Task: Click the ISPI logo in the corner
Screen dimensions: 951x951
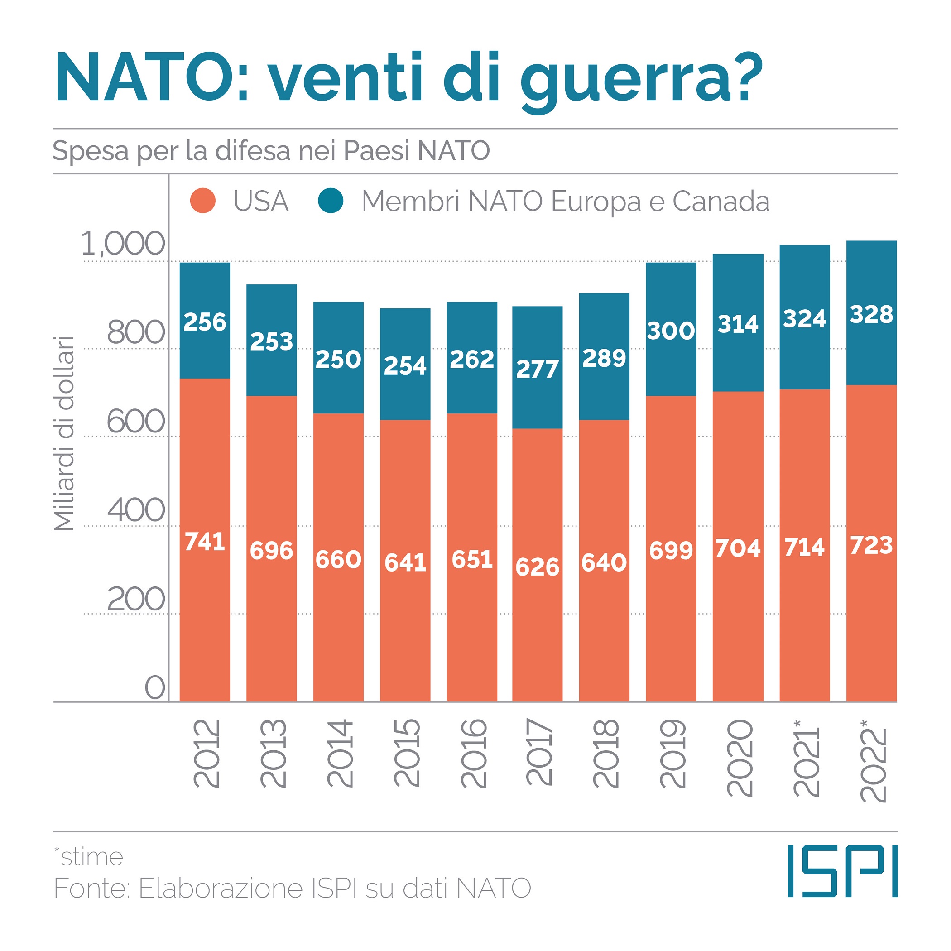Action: pyautogui.click(x=842, y=877)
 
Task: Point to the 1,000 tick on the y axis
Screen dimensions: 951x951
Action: pyautogui.click(x=123, y=244)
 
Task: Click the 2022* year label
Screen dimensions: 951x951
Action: pyautogui.click(x=872, y=760)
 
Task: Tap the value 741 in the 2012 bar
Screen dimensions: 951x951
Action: pyautogui.click(x=205, y=542)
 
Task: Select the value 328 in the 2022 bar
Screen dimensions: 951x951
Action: pyautogui.click(x=871, y=315)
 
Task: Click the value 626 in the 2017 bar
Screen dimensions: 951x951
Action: pyautogui.click(x=538, y=567)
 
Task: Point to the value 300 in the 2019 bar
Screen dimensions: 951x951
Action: pyautogui.click(x=671, y=330)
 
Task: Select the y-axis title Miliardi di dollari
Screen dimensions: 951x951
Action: pyautogui.click(x=64, y=434)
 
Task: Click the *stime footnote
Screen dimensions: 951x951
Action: pyautogui.click(x=89, y=857)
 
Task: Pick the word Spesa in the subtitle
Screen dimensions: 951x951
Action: pyautogui.click(x=91, y=151)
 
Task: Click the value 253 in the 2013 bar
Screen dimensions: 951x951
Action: pyautogui.click(x=272, y=341)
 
